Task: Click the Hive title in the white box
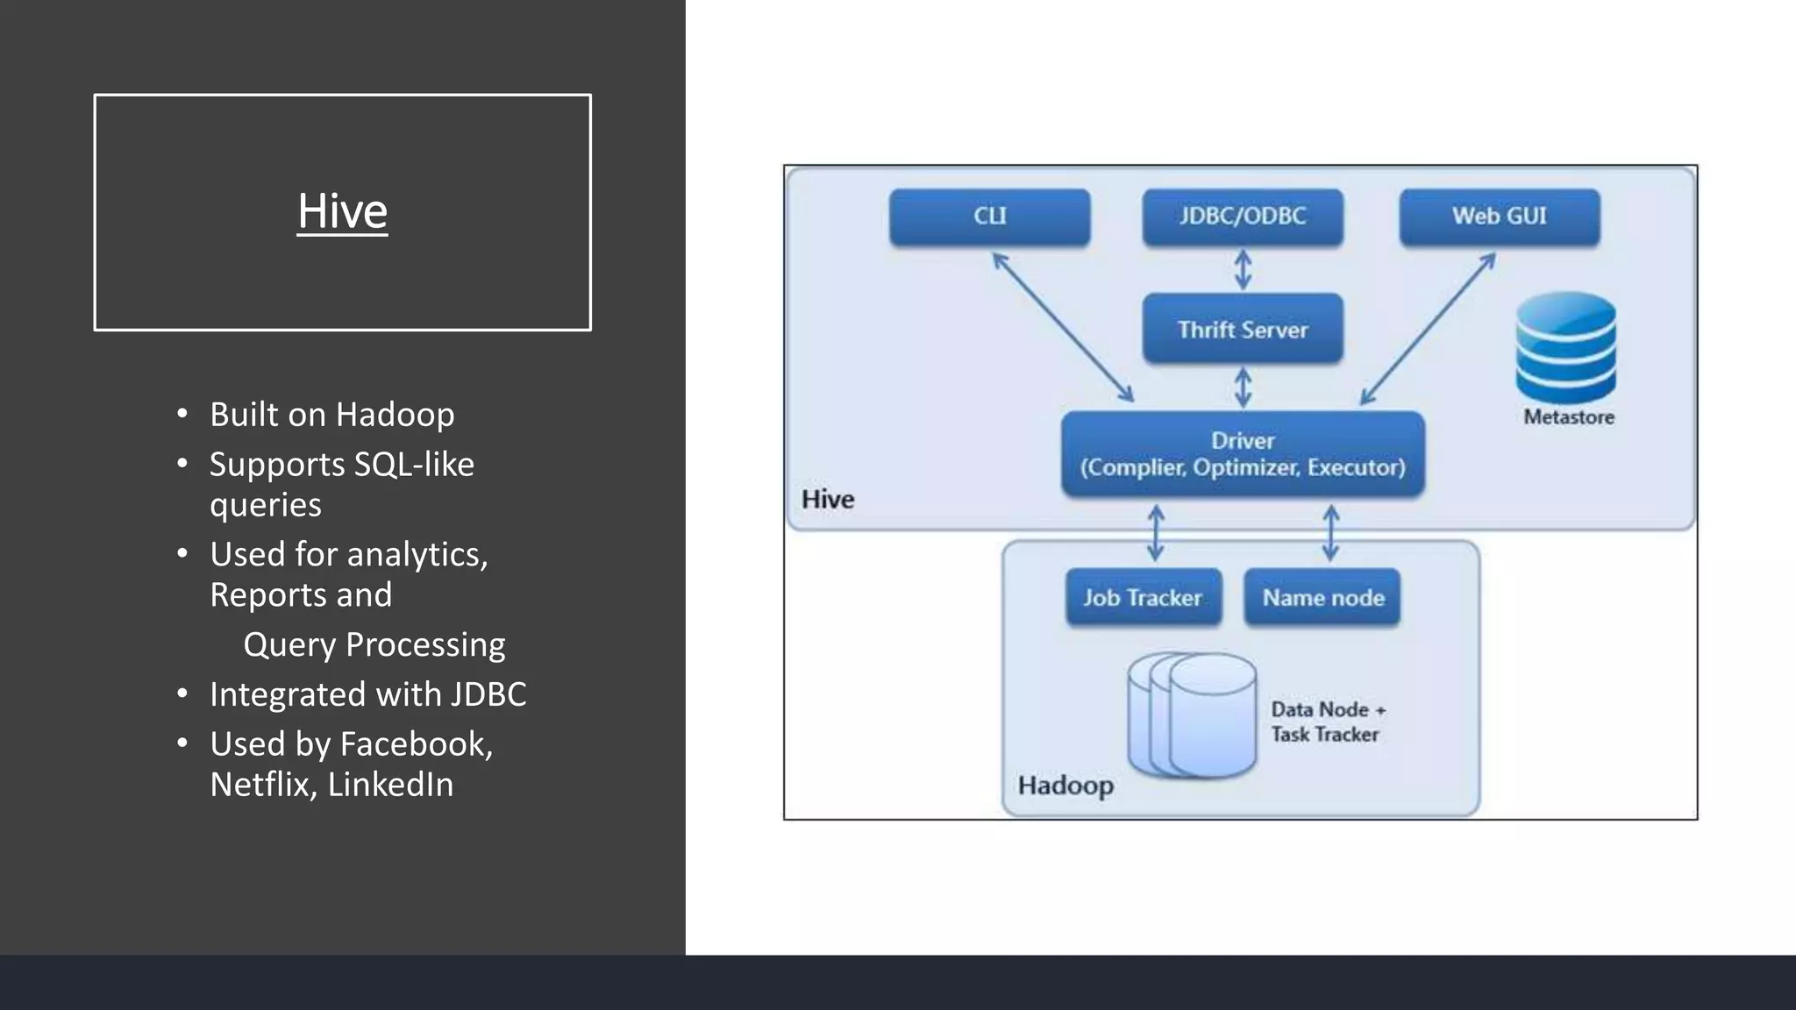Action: point(342,211)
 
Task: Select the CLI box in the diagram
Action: point(989,217)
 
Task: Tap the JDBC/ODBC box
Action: point(1243,217)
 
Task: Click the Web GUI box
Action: point(1499,217)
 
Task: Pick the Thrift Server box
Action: point(1243,329)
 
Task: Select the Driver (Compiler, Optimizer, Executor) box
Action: point(1243,454)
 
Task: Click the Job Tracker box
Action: point(1143,598)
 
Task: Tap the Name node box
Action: point(1322,598)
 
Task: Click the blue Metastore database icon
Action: point(1565,349)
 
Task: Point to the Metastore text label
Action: point(1568,417)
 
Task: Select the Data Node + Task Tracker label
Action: point(1327,722)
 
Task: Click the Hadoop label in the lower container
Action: point(1065,785)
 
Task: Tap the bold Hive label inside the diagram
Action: point(827,500)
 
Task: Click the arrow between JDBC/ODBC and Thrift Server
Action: point(1243,270)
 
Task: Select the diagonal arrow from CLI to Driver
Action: point(1063,328)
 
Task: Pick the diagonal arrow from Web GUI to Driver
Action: point(1428,329)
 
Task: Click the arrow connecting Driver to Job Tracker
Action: point(1156,533)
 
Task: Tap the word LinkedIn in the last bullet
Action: point(390,785)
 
